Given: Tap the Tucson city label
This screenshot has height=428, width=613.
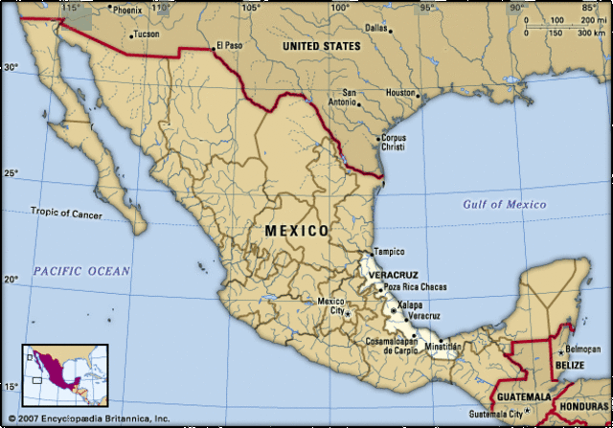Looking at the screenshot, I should click(x=146, y=34).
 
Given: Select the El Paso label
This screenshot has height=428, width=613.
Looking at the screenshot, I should click(x=229, y=44).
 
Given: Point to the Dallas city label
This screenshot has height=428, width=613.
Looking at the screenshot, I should click(x=375, y=28).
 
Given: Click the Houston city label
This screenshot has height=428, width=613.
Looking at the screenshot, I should click(x=399, y=93).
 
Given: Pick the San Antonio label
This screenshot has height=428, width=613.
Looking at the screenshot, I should click(x=342, y=98).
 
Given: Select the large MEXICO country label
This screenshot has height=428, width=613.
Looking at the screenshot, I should click(x=296, y=231).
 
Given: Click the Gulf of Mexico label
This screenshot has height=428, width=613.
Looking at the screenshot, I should click(x=503, y=204).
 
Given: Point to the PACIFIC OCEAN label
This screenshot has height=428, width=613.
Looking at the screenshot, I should click(x=80, y=271).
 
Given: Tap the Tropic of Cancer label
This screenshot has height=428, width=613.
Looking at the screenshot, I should click(x=66, y=212).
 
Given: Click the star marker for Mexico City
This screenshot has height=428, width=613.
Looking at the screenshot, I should click(x=349, y=312).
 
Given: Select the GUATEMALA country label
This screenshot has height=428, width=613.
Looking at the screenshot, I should click(x=523, y=396).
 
